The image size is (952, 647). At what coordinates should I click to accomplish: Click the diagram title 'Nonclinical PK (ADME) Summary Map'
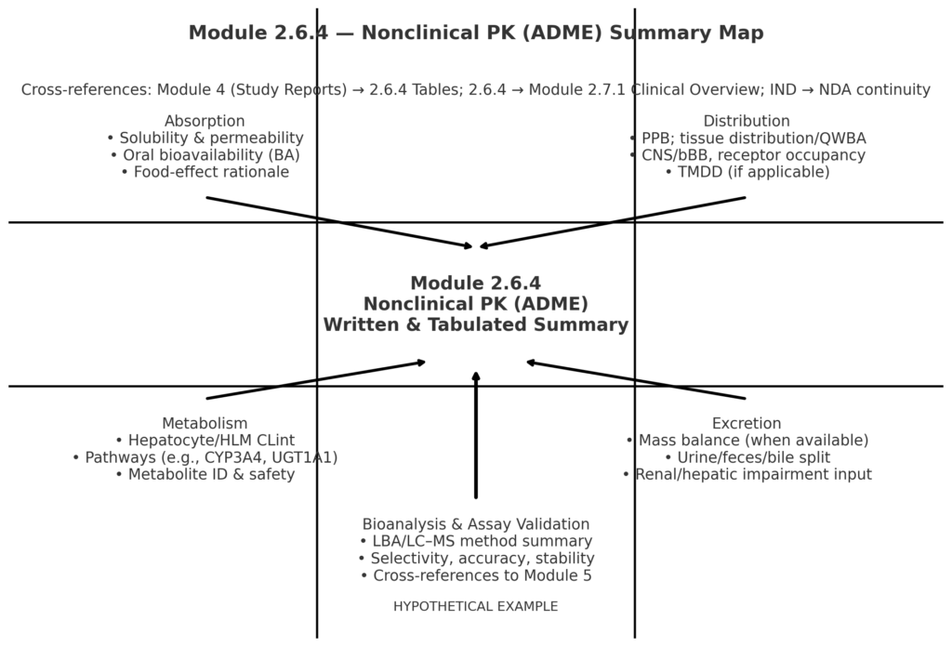[x=475, y=33]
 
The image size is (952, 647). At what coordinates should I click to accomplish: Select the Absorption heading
[x=205, y=122]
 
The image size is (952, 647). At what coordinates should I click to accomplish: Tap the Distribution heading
[x=747, y=122]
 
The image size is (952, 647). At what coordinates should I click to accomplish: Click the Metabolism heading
[x=205, y=424]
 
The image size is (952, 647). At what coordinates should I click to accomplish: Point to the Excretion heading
[x=747, y=424]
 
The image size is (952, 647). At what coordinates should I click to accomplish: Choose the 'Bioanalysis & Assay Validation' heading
[x=475, y=524]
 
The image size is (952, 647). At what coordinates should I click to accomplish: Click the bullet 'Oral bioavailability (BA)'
[x=205, y=155]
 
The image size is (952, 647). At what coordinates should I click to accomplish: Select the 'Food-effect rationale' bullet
[x=205, y=172]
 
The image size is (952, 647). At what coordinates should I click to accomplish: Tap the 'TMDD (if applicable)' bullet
[x=747, y=172]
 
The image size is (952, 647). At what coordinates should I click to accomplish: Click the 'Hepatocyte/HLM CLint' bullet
[x=205, y=441]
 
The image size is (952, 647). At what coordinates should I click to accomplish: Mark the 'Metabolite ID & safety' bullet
[x=205, y=474]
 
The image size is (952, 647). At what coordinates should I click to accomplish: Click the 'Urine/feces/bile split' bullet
[x=747, y=457]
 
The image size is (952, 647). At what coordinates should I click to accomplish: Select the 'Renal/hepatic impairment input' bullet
[x=747, y=474]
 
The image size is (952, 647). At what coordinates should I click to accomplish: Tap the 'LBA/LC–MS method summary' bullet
[x=475, y=541]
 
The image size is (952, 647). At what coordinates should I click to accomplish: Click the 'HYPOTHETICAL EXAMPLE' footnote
[x=475, y=607]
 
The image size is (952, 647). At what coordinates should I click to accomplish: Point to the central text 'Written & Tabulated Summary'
[x=475, y=325]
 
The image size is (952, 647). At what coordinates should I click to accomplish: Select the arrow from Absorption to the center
[x=339, y=222]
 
